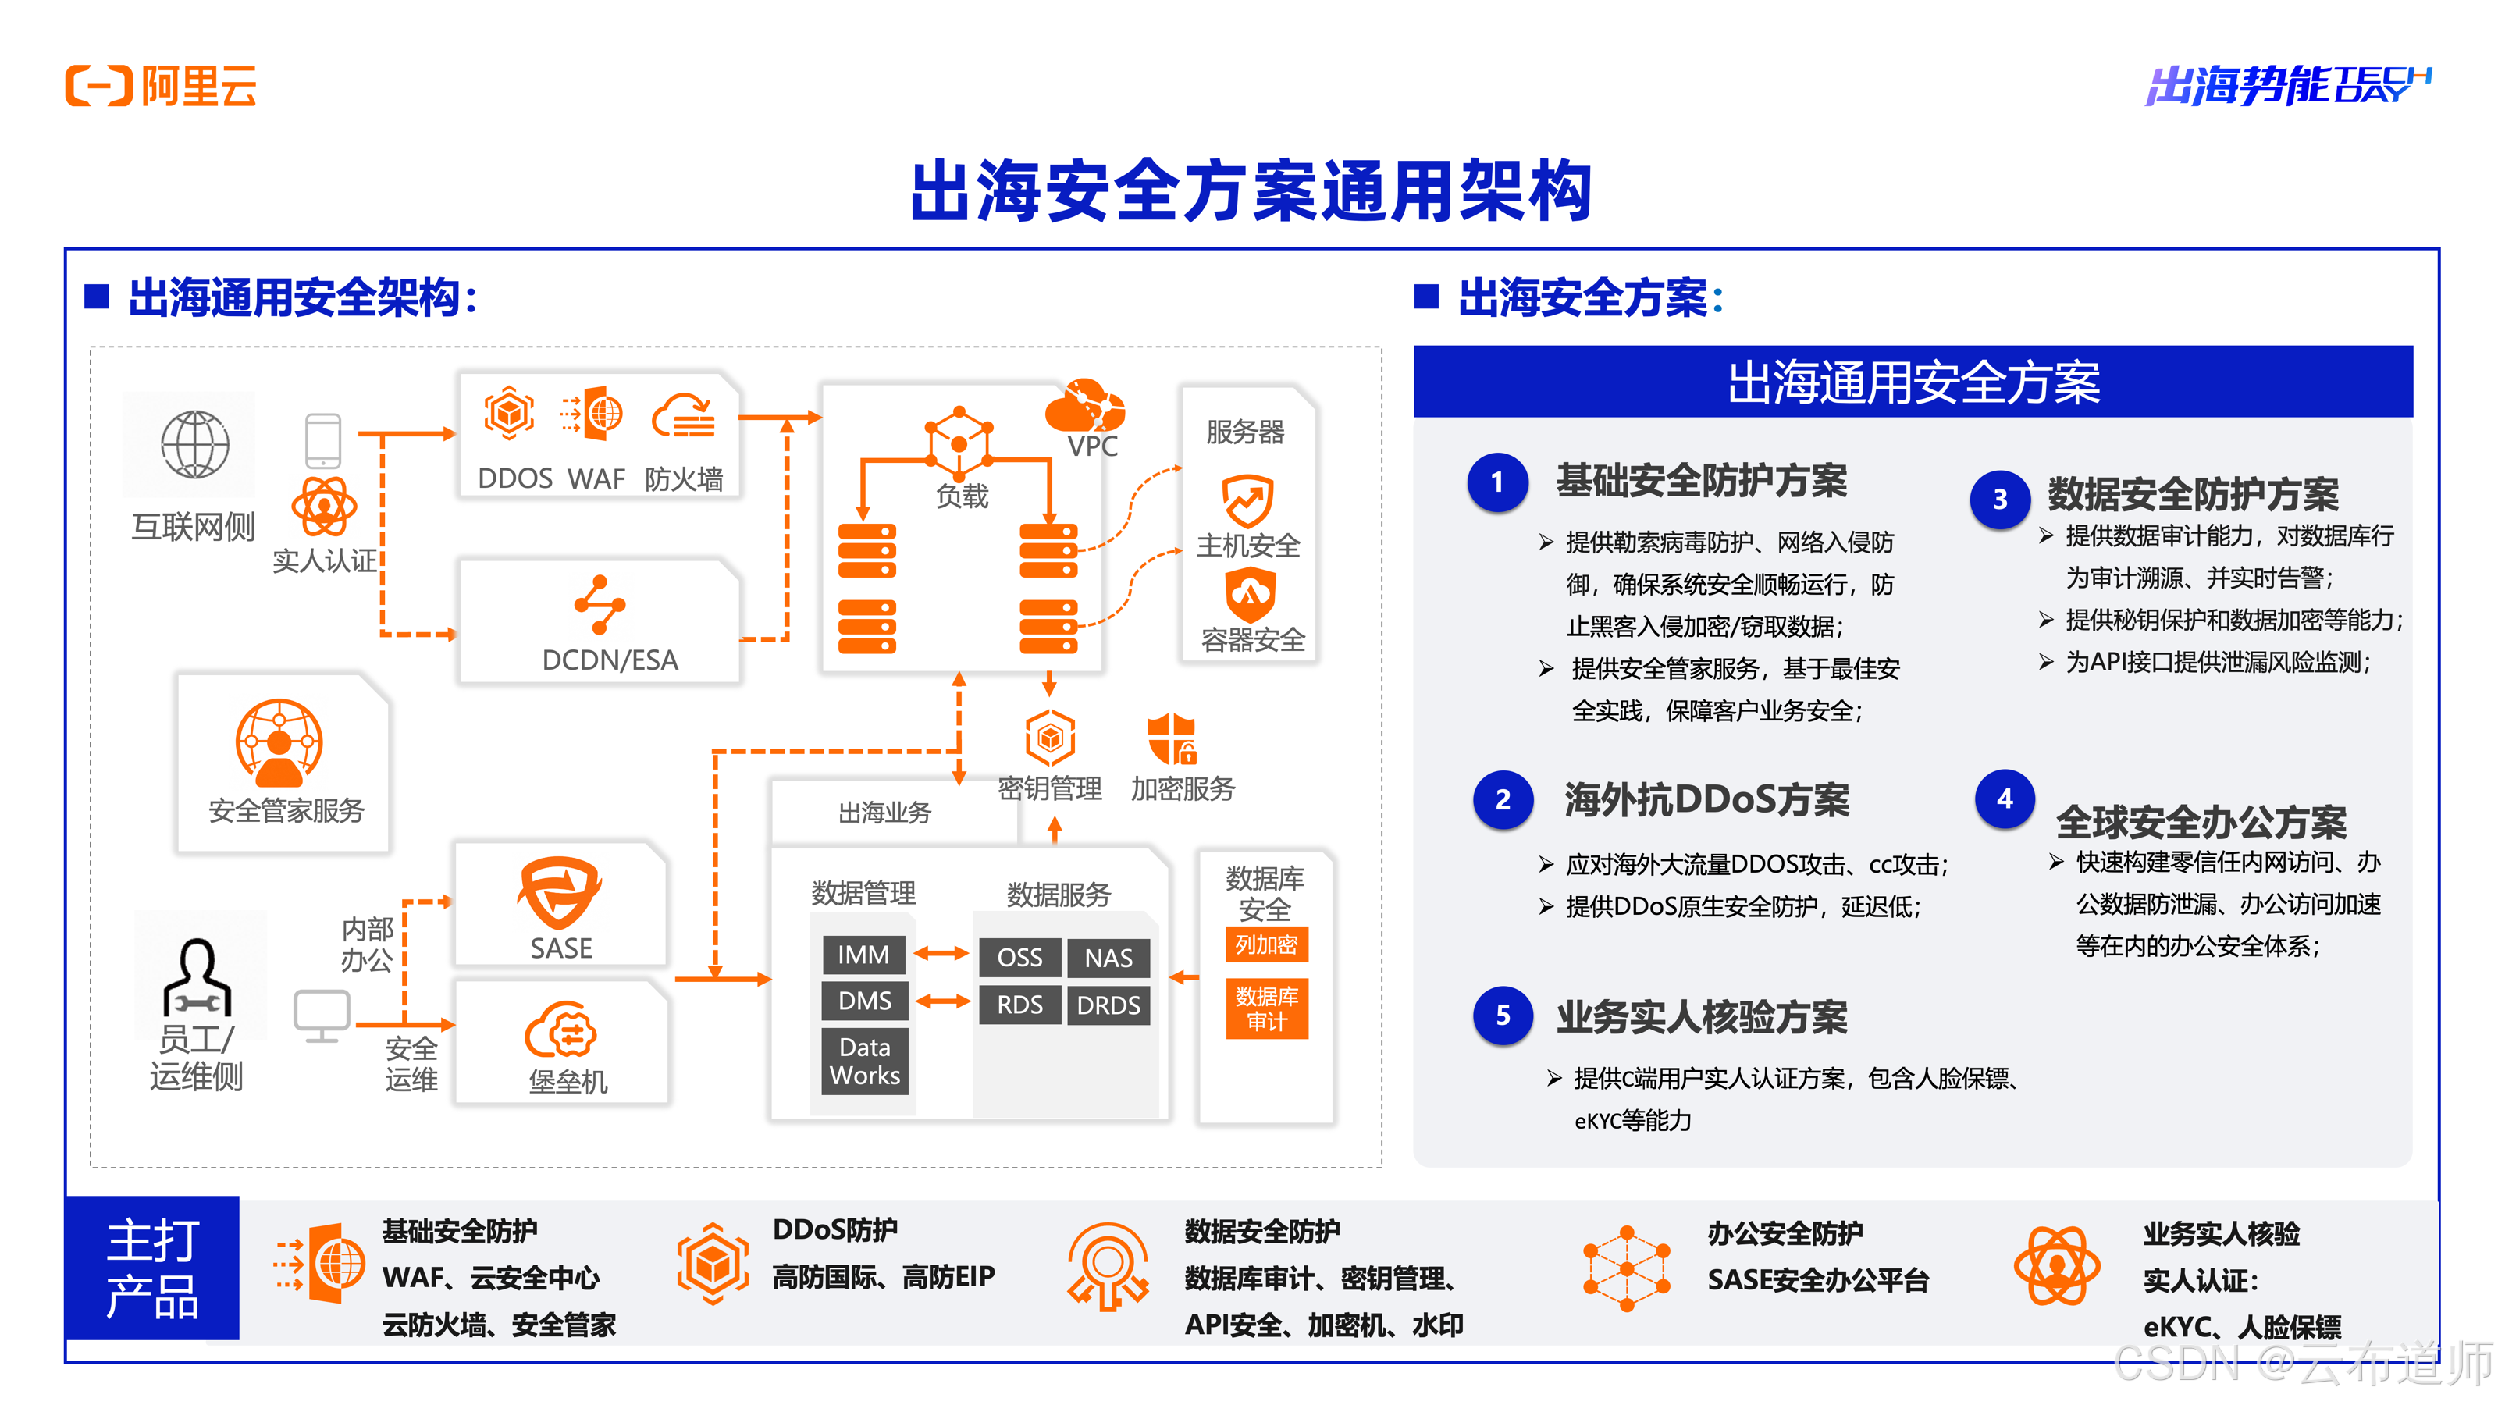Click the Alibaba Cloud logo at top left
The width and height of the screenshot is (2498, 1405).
coord(161,87)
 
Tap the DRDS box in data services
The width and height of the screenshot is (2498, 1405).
coord(1108,1005)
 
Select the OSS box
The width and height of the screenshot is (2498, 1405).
coord(1019,958)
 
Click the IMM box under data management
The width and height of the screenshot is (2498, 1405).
coord(863,955)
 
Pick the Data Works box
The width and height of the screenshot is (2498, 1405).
coord(865,1062)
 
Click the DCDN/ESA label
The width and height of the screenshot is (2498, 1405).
coord(609,660)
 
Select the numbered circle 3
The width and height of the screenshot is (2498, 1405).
coord(1999,500)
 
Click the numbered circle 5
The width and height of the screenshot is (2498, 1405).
coord(1502,1016)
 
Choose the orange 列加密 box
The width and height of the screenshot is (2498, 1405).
coord(1266,944)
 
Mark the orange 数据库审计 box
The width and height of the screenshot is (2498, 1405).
coord(1266,1008)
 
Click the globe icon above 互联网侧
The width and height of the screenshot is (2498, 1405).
coord(195,445)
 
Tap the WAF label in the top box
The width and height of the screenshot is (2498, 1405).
coord(596,479)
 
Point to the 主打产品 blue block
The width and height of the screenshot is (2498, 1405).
coord(152,1269)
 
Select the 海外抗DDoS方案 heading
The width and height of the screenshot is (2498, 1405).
coord(1706,800)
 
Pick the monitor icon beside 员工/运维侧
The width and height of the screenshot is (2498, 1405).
coord(322,1016)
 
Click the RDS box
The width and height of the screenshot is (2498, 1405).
coord(1019,1005)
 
